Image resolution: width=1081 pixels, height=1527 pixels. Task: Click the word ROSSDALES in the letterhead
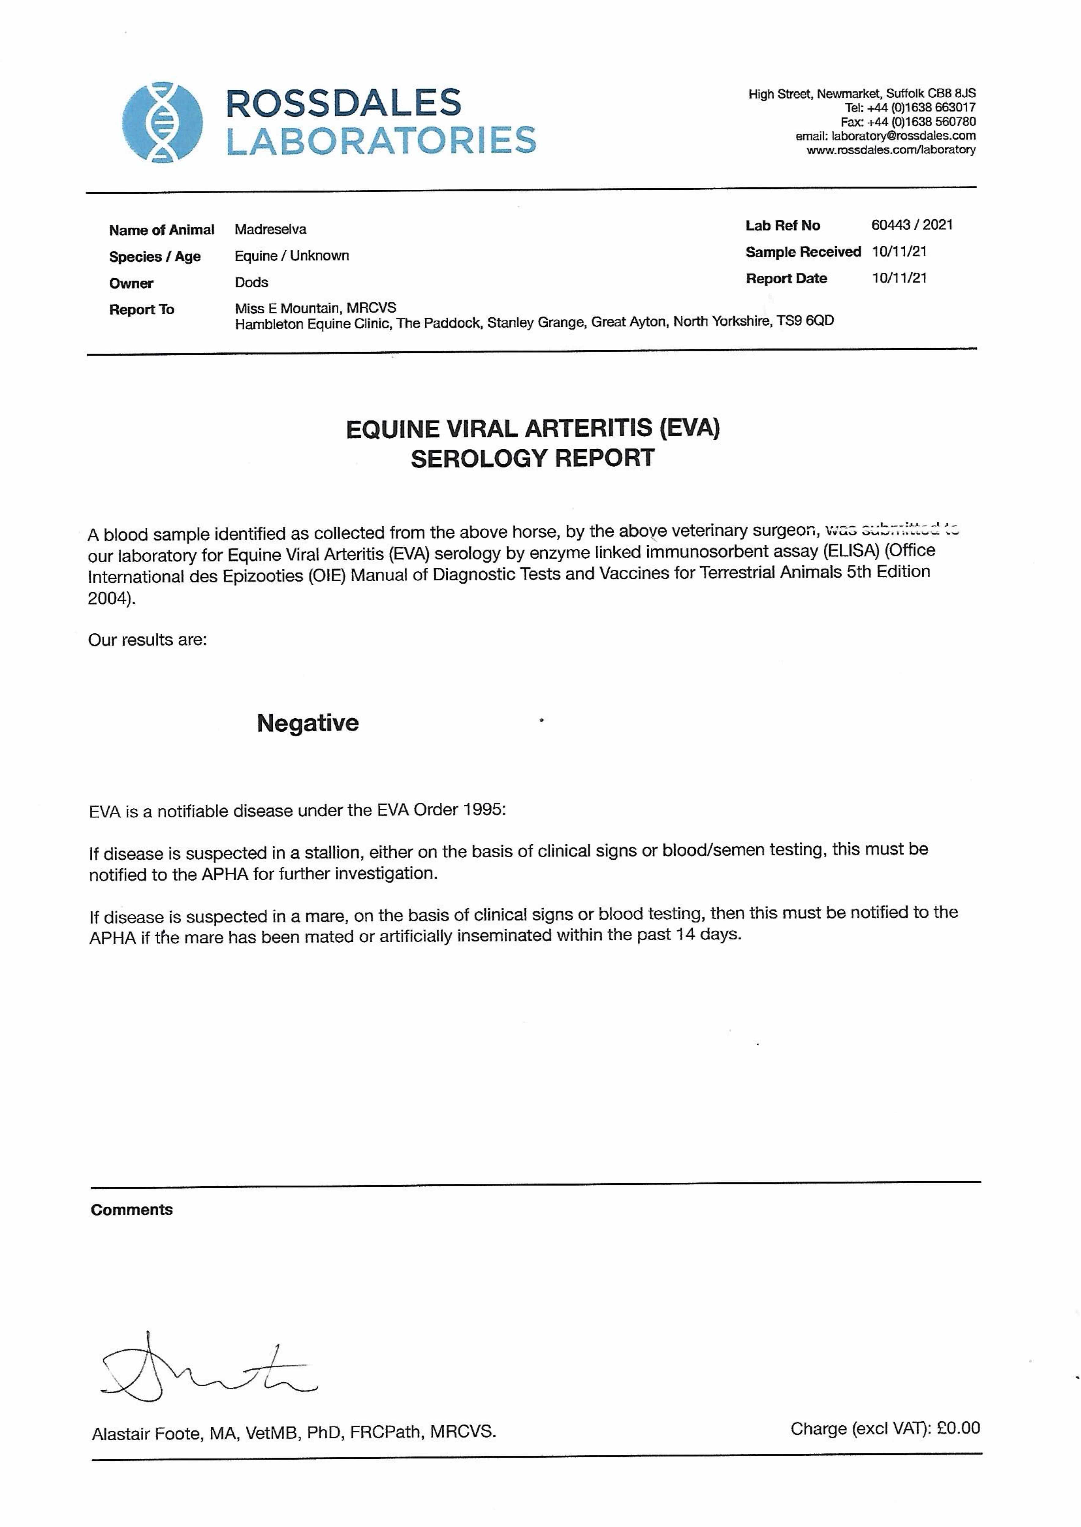pos(343,103)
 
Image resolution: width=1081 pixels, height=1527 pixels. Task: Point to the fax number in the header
pos(921,122)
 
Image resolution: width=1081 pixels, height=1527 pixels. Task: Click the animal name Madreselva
pos(270,230)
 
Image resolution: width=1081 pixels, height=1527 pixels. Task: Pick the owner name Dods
pos(251,282)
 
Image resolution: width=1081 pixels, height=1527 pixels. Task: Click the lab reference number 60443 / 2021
pos(912,225)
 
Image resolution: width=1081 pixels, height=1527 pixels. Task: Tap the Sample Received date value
pos(899,252)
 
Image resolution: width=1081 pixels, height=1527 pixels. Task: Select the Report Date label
pos(786,279)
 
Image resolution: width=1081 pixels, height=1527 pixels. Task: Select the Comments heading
pos(132,1210)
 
